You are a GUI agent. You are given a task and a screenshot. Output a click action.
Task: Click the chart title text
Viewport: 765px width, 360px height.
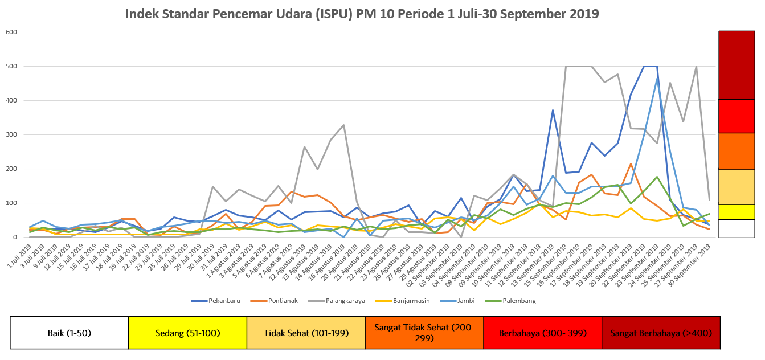pyautogui.click(x=362, y=14)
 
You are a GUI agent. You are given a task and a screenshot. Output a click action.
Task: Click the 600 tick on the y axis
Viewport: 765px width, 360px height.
pyautogui.click(x=12, y=32)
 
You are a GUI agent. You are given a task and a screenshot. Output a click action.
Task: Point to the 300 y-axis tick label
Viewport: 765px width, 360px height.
pyautogui.click(x=12, y=134)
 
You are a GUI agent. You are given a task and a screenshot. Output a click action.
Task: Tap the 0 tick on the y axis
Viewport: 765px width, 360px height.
pyautogui.click(x=15, y=237)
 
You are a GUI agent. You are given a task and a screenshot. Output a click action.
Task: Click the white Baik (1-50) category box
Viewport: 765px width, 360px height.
pyautogui.click(x=69, y=332)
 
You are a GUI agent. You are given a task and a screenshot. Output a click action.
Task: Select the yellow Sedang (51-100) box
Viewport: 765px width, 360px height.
pyautogui.click(x=187, y=332)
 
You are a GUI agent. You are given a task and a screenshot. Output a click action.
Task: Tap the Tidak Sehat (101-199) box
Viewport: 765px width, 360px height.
pyautogui.click(x=305, y=332)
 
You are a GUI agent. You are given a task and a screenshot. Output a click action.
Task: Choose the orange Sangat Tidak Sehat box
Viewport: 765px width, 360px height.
pyautogui.click(x=424, y=332)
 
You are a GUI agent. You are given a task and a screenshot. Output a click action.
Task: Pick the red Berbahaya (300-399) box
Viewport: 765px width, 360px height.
pyautogui.click(x=542, y=332)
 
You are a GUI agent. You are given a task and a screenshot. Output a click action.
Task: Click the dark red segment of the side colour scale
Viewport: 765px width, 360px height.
pyautogui.click(x=737, y=65)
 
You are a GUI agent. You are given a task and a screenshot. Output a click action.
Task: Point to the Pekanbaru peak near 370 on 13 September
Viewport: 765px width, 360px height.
pyautogui.click(x=553, y=110)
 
